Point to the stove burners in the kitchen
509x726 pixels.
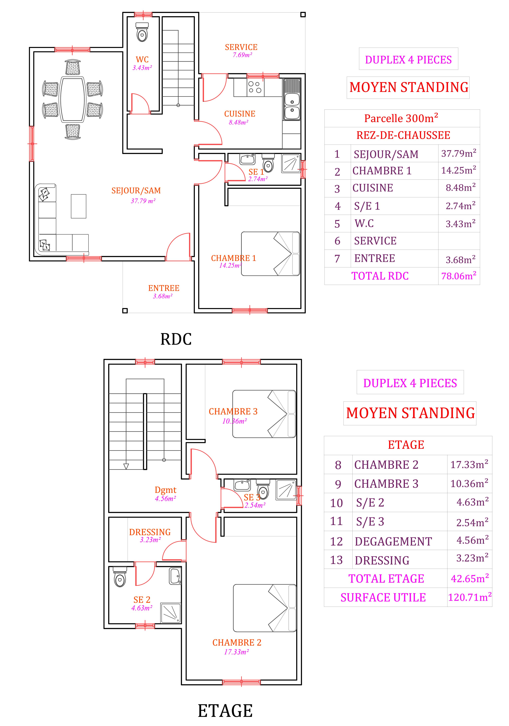(x=255, y=87)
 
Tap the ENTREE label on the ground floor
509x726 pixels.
(x=164, y=288)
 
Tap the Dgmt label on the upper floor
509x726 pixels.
(x=166, y=490)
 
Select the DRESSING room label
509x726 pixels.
(x=150, y=532)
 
